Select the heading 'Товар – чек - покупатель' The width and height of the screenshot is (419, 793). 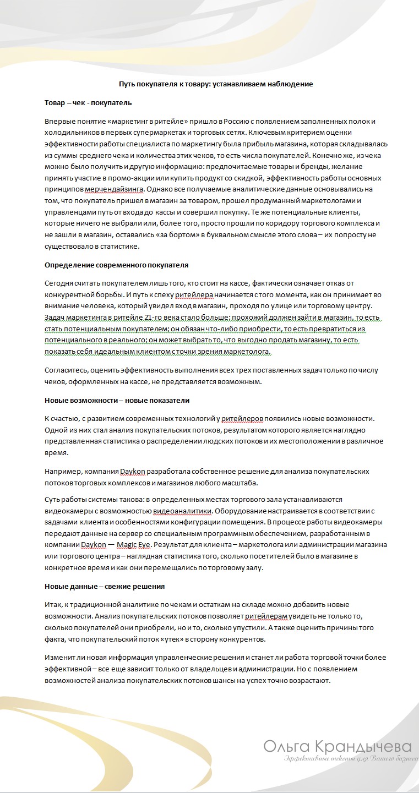[x=88, y=102]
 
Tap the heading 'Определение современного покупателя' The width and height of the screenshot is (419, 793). [x=116, y=265]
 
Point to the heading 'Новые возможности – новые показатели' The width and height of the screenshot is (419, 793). [x=117, y=400]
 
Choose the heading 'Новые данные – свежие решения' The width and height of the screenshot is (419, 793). [x=105, y=586]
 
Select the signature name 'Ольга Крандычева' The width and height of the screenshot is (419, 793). [x=337, y=747]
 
